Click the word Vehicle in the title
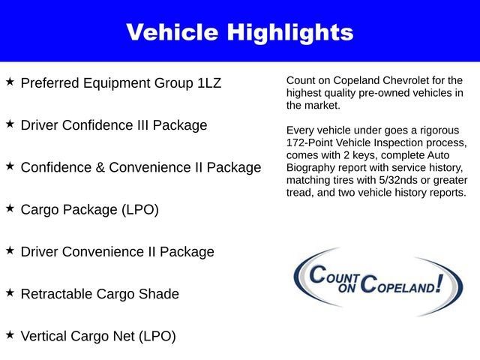point(170,32)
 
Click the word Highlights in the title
point(288,32)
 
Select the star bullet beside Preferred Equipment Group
point(10,81)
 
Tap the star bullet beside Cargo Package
point(10,208)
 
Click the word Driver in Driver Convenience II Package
point(41,252)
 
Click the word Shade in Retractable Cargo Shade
point(159,294)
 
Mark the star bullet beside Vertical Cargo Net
point(10,334)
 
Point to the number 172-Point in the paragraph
point(310,142)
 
